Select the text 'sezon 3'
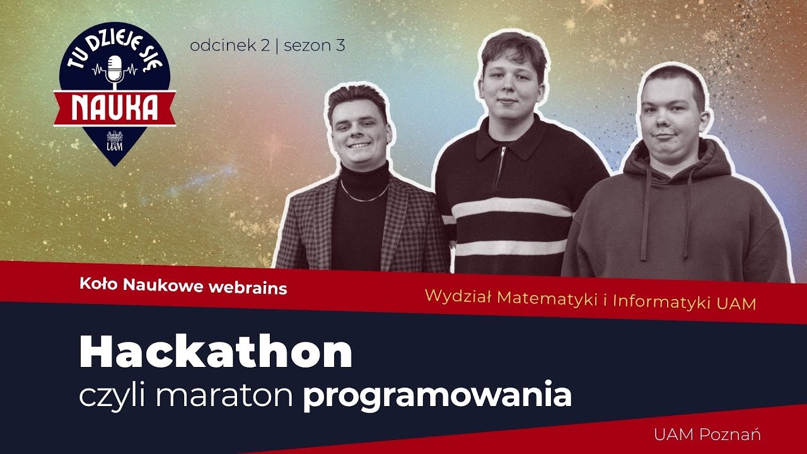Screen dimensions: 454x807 click(x=315, y=45)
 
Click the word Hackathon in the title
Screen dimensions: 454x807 click(x=216, y=354)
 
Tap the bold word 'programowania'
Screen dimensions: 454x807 click(x=437, y=396)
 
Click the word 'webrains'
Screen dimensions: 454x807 click(x=247, y=288)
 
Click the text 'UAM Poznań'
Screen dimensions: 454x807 click(x=707, y=434)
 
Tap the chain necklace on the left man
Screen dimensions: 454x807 click(x=364, y=194)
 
